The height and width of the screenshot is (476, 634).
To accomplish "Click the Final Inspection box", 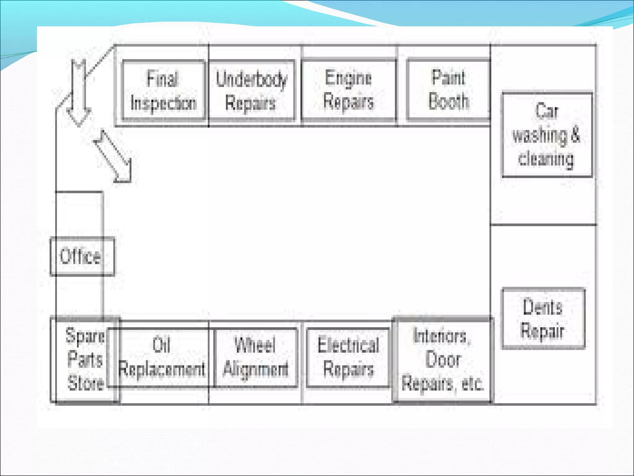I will (x=163, y=90).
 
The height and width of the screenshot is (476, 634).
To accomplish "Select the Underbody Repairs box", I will (x=251, y=90).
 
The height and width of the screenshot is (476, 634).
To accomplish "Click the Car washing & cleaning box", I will (x=547, y=135).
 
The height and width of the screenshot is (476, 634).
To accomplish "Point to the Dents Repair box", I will (x=543, y=319).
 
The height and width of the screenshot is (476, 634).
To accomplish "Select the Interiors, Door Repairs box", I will (x=442, y=359).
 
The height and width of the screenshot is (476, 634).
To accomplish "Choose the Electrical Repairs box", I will (x=348, y=357).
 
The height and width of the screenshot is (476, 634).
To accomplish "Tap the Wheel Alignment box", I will (x=256, y=357).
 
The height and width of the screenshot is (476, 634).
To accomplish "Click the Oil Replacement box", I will (x=162, y=357).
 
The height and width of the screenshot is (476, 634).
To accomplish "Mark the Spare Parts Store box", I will (x=84, y=359).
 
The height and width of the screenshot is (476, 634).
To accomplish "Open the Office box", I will (x=82, y=256).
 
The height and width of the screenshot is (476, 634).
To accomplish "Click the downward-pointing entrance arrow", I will (x=78, y=93).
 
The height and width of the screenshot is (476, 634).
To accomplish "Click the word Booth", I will (x=449, y=101).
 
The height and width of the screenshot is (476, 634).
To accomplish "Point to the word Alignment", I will (x=256, y=369).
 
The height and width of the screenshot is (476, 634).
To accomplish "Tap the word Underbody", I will (x=251, y=79).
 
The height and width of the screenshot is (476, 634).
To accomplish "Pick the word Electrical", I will (x=348, y=345).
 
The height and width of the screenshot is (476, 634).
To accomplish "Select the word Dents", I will (x=543, y=307).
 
